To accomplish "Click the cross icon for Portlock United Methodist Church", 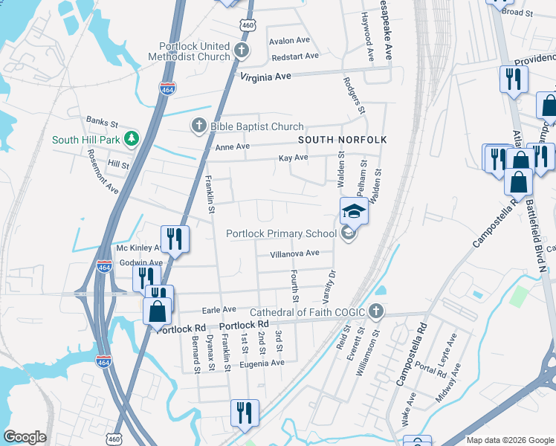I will click(240, 51).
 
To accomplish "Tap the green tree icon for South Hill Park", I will click(131, 139).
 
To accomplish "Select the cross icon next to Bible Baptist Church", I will click(198, 126).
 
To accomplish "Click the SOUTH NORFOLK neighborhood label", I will click(334, 140).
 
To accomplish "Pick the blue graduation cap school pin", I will click(354, 213).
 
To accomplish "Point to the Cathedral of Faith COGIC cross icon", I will click(376, 311).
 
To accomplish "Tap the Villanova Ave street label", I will click(294, 253).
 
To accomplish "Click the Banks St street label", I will click(102, 121).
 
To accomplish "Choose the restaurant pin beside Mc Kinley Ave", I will click(175, 239).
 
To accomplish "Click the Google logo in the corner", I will click(25, 437).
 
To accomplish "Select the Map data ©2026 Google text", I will click(509, 440).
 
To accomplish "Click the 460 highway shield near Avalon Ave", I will click(248, 25).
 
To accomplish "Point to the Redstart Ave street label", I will click(294, 56).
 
